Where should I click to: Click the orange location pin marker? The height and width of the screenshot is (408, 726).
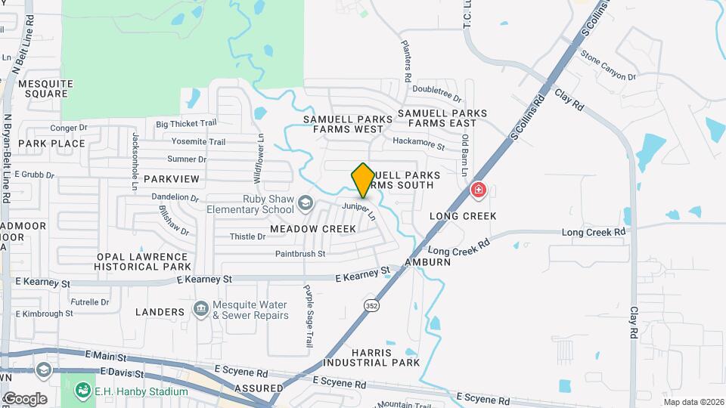tap(363, 180)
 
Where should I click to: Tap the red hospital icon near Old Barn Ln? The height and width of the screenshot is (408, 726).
tap(478, 190)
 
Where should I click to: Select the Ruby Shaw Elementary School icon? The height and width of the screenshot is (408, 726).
tap(305, 202)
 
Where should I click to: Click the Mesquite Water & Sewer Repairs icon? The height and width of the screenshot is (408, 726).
tap(200, 308)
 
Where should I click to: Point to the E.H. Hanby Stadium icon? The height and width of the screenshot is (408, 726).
tap(82, 391)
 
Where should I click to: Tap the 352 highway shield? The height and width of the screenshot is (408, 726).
tap(371, 305)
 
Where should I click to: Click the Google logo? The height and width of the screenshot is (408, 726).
tap(25, 398)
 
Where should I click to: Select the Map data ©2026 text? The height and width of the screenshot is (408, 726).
tap(693, 402)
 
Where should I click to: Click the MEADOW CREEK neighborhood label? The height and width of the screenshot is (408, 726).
tap(312, 228)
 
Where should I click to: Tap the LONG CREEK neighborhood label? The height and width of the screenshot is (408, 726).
tap(463, 216)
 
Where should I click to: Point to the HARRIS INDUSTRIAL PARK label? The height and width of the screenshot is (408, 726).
tap(371, 357)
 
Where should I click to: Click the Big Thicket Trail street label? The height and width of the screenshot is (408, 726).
tap(186, 124)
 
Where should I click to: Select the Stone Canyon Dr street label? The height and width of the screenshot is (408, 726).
tap(608, 66)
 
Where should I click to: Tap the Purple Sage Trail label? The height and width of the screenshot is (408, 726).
tap(308, 315)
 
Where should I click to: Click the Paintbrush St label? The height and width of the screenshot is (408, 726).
tap(299, 254)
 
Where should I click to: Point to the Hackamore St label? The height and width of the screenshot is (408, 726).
tap(417, 141)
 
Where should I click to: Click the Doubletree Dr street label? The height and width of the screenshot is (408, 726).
tap(436, 92)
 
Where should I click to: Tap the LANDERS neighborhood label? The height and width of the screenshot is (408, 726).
tap(160, 311)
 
